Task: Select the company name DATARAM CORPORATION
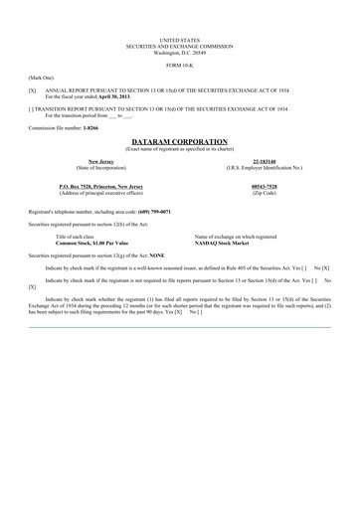[179, 141]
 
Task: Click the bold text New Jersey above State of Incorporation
[100, 161]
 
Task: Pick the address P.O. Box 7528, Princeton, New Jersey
[100, 186]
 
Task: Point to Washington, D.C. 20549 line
[179, 50]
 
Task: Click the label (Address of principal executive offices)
[100, 192]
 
